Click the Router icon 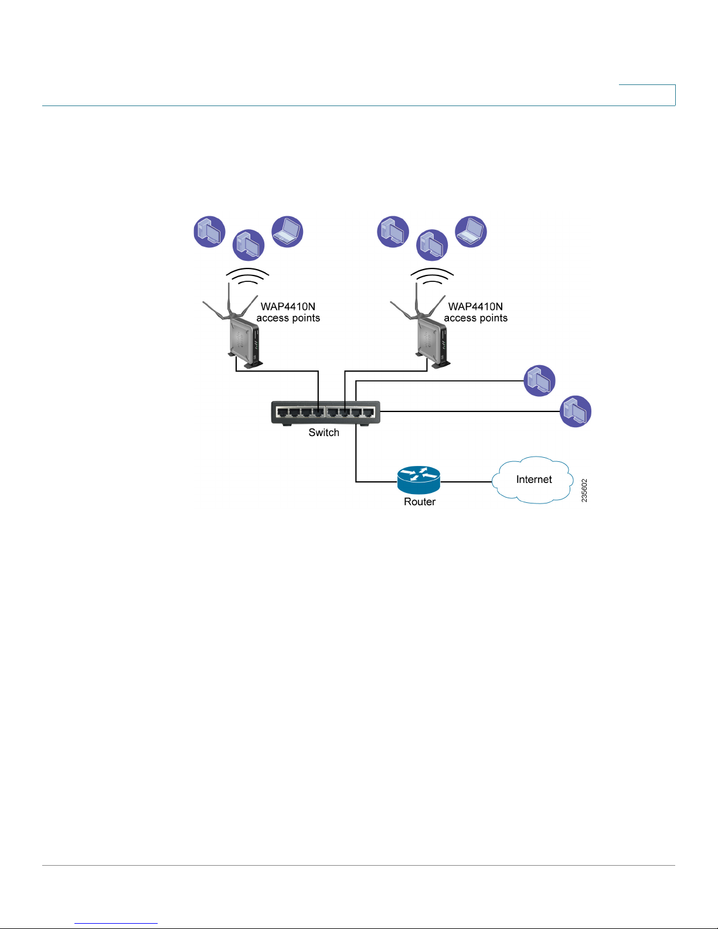[418, 479]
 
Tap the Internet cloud [533, 479]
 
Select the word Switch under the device [324, 433]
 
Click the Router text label [420, 502]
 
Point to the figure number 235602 [584, 491]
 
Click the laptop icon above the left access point [287, 232]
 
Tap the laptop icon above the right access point [471, 232]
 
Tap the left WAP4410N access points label [288, 312]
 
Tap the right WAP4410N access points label [476, 312]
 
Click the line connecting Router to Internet [467, 482]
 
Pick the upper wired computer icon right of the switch [539, 380]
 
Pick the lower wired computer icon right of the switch [576, 411]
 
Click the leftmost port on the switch [283, 413]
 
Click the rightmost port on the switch [368, 413]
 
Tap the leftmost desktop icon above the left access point [209, 232]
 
